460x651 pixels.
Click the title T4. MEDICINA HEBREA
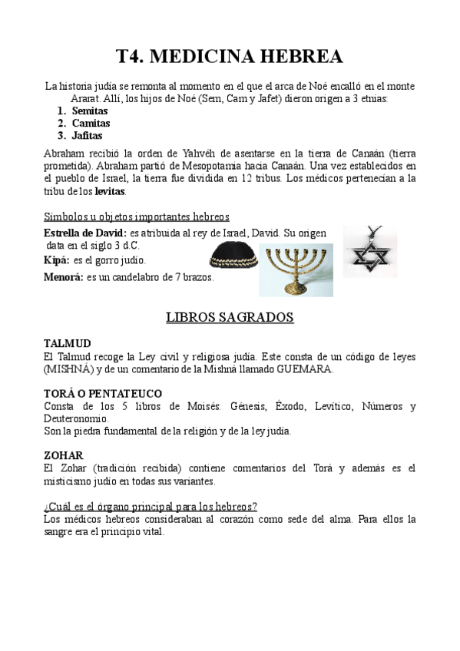(x=230, y=57)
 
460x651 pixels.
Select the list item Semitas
(x=90, y=111)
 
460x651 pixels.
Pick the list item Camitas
(x=91, y=123)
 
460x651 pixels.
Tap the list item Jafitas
(x=87, y=135)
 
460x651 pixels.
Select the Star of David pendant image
(x=370, y=250)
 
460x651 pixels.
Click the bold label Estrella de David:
(x=85, y=232)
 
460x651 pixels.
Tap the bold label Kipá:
(x=58, y=260)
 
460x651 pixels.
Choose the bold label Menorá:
(x=64, y=277)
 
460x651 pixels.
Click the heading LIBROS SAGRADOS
(x=230, y=316)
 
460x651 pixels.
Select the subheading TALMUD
(x=68, y=343)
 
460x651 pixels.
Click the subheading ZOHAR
(x=64, y=455)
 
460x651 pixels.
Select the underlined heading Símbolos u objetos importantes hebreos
(x=137, y=216)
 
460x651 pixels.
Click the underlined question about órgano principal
(x=151, y=506)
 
